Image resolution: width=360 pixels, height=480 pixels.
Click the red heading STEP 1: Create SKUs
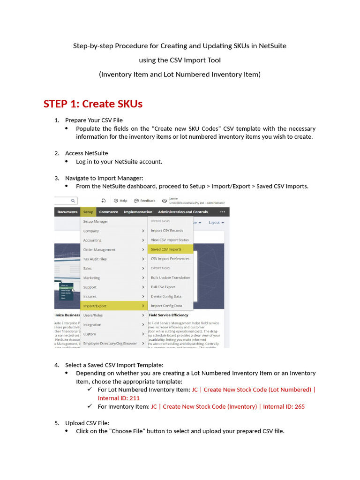(93, 104)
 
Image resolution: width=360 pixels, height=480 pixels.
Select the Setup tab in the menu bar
(88, 212)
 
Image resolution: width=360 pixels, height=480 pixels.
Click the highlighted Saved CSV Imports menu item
(166, 249)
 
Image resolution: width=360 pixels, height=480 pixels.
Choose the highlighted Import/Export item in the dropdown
(95, 306)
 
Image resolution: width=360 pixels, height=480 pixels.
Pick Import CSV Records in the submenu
(167, 231)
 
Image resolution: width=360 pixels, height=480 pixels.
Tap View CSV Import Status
(170, 240)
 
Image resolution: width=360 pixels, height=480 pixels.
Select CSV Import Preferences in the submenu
(170, 259)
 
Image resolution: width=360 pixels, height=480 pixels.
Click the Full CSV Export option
(163, 287)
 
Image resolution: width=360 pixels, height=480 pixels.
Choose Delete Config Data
(166, 296)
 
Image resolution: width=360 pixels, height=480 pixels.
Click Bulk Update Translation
(170, 277)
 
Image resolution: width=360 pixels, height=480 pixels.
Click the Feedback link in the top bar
(145, 201)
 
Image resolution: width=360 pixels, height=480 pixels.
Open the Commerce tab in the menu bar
(109, 212)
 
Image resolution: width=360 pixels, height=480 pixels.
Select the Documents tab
(67, 212)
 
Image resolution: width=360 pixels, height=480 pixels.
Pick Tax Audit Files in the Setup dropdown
(95, 259)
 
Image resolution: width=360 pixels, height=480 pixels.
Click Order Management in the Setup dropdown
(99, 249)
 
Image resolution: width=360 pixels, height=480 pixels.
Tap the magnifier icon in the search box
(73, 201)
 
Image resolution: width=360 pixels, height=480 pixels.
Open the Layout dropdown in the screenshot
(216, 223)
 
